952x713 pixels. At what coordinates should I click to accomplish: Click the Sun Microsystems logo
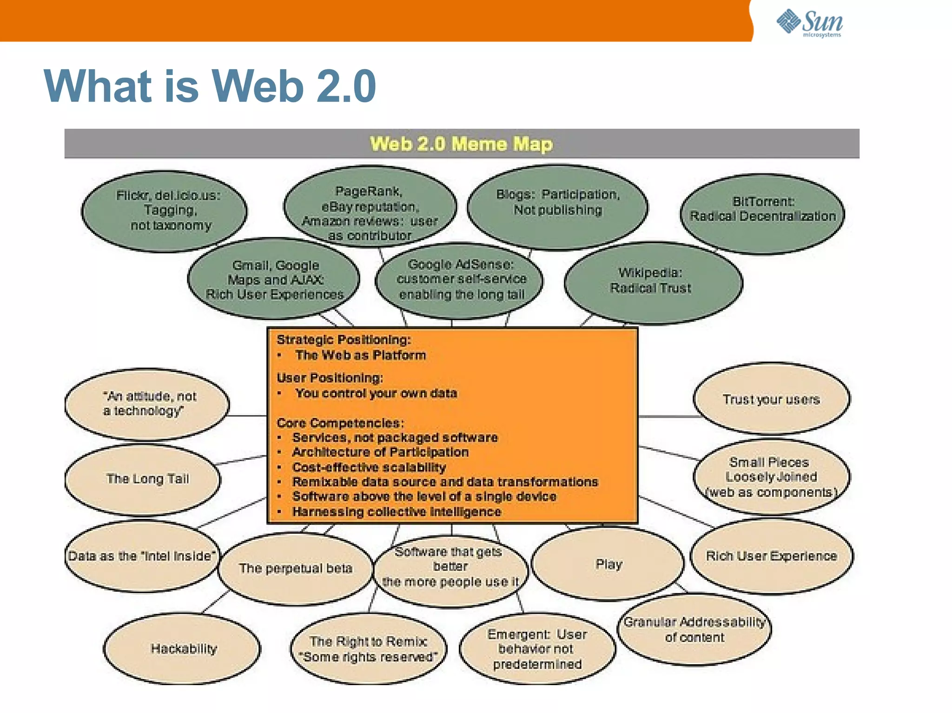click(x=809, y=23)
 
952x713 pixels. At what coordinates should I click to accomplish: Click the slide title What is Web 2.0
click(x=210, y=86)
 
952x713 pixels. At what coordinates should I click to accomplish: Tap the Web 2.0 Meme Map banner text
click(x=461, y=144)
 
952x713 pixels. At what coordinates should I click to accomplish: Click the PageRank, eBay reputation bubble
click(x=370, y=209)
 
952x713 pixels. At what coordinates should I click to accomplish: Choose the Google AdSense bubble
click(x=461, y=280)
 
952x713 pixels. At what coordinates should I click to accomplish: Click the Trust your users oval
click(x=771, y=399)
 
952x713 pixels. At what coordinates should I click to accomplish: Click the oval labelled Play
click(x=608, y=564)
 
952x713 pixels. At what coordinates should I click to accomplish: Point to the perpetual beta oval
click(x=296, y=569)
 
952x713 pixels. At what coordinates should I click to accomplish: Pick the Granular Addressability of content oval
click(x=694, y=629)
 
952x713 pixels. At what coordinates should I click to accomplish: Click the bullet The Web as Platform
click(x=360, y=355)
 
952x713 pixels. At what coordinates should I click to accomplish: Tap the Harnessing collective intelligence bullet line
click(x=396, y=512)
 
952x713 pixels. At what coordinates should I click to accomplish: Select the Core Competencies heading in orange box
click(x=340, y=423)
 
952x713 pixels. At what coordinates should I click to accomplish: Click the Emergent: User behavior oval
click(x=537, y=649)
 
